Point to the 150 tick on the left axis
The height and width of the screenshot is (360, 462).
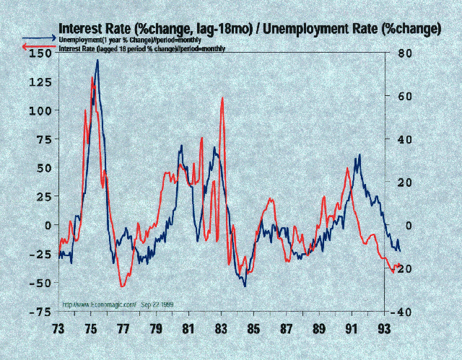tap(40, 53)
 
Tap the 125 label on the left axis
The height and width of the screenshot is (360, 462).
tap(40, 82)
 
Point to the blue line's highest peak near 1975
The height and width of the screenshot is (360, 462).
tap(97, 61)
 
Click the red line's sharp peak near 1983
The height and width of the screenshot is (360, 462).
tap(222, 98)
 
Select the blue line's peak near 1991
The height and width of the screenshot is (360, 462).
tap(359, 155)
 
